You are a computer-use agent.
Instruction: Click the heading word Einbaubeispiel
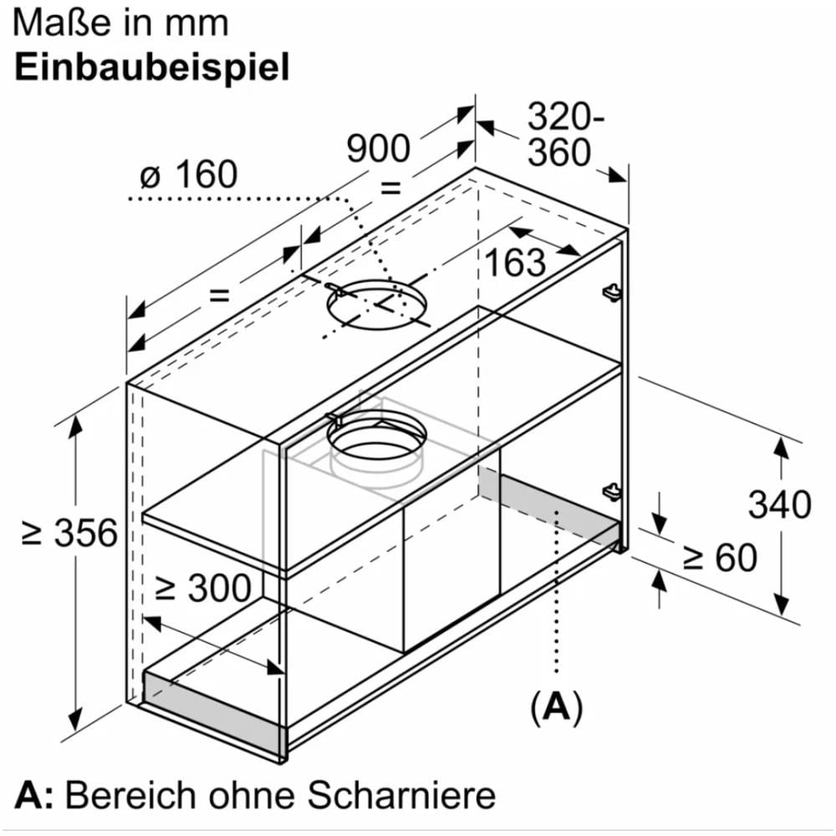(x=152, y=67)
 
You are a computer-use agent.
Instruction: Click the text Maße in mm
(x=121, y=23)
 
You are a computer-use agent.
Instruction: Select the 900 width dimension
(x=379, y=149)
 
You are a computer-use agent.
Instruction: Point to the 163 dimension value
(x=514, y=263)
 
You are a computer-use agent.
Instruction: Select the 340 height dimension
(x=779, y=505)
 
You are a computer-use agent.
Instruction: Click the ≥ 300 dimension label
(x=203, y=589)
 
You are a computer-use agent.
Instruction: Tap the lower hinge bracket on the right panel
(x=611, y=490)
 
